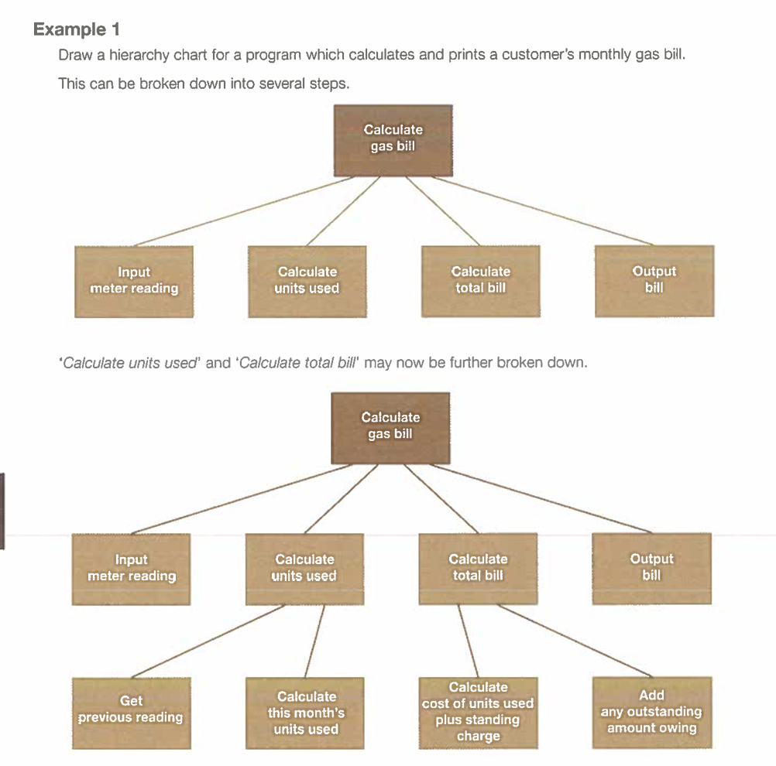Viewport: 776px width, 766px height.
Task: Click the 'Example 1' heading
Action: point(76,29)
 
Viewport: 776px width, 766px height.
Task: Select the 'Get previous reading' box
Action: point(131,713)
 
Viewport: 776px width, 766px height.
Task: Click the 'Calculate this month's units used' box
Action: point(305,713)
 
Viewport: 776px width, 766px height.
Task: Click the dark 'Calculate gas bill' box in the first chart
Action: point(393,141)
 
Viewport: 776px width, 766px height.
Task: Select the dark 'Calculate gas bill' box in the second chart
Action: point(390,428)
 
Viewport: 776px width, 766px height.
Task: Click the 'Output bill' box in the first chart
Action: point(654,281)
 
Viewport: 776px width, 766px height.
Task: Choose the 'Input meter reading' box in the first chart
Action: point(134,282)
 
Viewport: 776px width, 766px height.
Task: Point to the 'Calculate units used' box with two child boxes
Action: point(305,569)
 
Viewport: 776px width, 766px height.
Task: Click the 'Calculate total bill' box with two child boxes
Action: point(478,568)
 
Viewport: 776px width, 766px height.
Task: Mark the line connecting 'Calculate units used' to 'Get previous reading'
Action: point(208,641)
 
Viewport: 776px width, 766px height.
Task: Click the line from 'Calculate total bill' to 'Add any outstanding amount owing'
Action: point(575,641)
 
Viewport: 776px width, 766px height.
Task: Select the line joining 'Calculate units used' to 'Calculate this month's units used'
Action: point(314,641)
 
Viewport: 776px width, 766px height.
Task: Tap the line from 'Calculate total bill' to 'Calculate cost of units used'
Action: point(469,641)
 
